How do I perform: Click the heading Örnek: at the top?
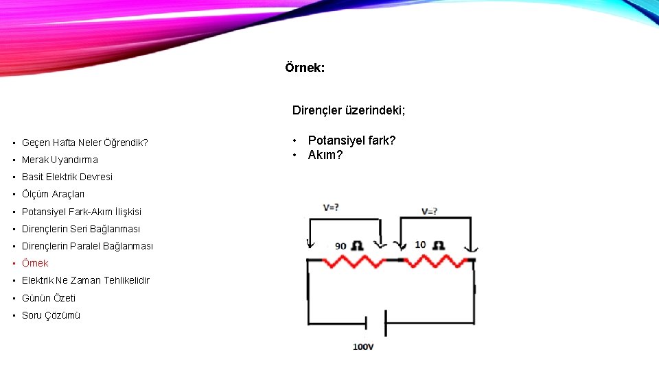305,68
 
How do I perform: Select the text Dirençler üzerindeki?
349,110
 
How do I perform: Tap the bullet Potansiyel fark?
352,140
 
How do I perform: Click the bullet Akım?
325,155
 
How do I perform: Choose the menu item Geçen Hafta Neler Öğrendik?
84,143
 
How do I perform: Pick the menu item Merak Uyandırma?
60,160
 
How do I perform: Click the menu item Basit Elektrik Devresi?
67,177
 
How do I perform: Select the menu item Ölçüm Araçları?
53,194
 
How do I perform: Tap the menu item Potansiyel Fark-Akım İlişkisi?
82,212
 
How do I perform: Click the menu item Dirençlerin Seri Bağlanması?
81,229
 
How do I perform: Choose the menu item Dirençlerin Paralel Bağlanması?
87,246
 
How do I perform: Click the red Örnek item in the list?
35,263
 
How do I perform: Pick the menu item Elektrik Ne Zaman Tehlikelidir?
85,280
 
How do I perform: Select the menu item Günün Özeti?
49,298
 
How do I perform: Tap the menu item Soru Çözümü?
51,315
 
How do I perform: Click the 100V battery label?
363,347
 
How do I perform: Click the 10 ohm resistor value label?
430,245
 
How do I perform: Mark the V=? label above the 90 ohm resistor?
330,207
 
